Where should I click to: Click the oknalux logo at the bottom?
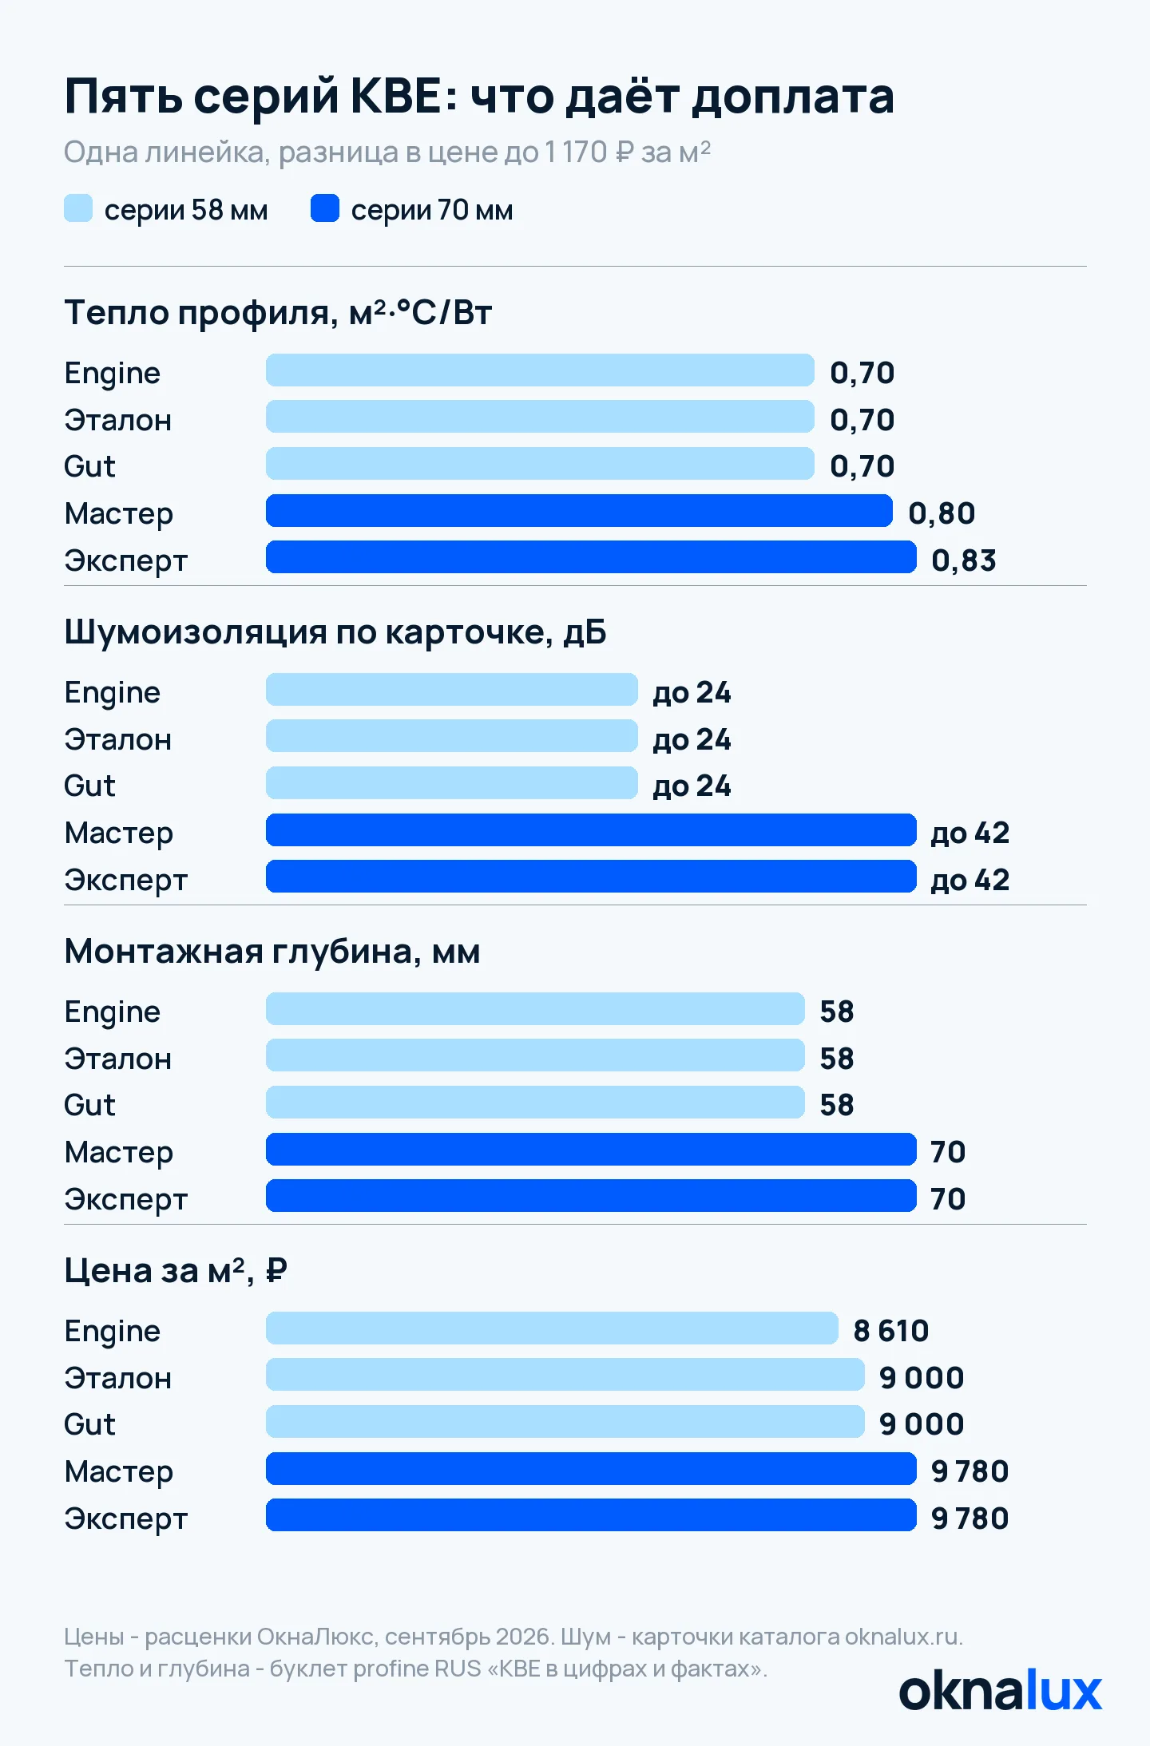[1001, 1691]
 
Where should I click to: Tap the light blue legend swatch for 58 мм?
[78, 208]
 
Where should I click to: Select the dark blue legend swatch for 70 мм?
[325, 208]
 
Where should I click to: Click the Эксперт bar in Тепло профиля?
[591, 557]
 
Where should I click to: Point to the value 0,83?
[964, 560]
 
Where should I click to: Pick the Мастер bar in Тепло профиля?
[579, 511]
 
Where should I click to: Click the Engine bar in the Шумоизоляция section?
[452, 690]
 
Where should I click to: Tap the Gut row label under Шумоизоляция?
[89, 786]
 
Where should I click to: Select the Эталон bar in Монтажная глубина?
[535, 1055]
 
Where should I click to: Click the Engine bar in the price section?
[552, 1328]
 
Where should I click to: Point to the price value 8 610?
[891, 1331]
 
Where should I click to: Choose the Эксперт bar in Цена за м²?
[591, 1515]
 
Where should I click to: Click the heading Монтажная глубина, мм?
[272, 952]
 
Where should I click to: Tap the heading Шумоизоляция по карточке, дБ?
[335, 632]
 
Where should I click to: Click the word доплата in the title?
[792, 97]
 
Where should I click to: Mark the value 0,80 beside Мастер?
[942, 513]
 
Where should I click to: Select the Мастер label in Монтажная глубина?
[119, 1153]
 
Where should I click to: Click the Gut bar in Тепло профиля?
[540, 464]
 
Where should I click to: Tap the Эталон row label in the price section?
[118, 1378]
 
